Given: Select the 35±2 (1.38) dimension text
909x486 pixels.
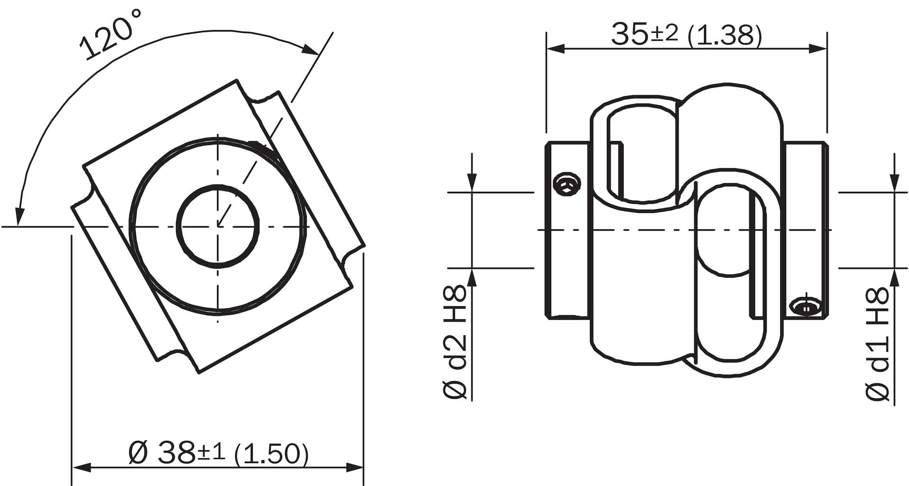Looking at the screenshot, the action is (686, 34).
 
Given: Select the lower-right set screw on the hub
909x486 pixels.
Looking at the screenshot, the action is (806, 307).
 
